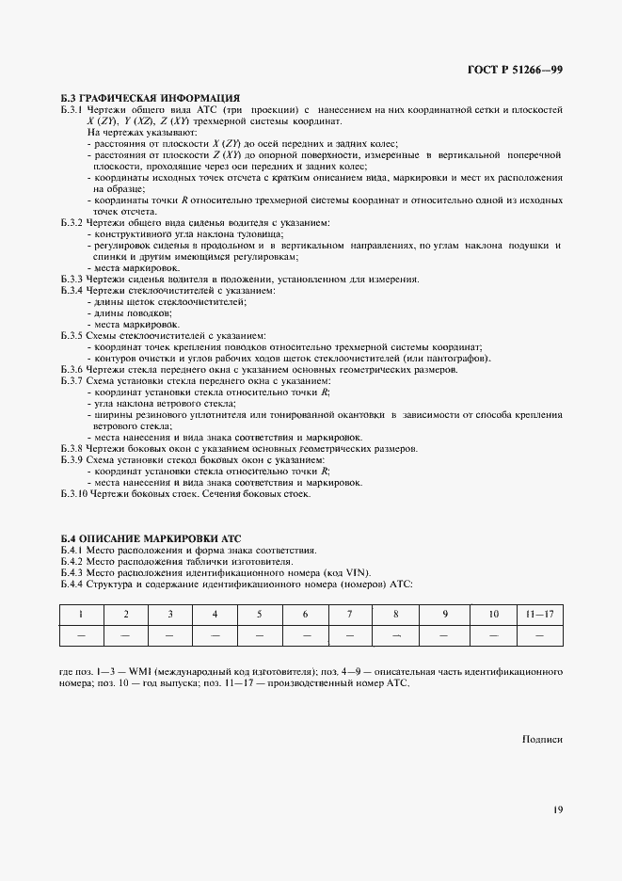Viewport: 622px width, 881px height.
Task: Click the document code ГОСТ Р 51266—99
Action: tap(517, 70)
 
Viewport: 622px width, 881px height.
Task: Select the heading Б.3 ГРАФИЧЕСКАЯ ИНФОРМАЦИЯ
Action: tap(151, 98)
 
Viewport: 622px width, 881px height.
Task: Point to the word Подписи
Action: tap(542, 740)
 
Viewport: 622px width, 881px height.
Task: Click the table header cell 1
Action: tap(81, 615)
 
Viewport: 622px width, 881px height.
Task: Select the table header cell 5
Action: tap(260, 615)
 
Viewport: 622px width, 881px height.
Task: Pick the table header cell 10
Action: tap(493, 615)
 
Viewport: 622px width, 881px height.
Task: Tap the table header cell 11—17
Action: tap(539, 615)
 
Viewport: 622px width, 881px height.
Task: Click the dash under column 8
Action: tap(396, 636)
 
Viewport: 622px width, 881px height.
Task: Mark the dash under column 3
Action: tap(170, 636)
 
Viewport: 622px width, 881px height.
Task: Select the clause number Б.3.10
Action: tap(74, 493)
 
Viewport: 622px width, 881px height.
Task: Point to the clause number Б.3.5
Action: tap(72, 336)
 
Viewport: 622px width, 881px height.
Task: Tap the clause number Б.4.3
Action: tap(72, 572)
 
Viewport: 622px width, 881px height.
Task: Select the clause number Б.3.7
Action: tap(72, 380)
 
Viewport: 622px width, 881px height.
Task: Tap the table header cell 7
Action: tap(350, 615)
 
